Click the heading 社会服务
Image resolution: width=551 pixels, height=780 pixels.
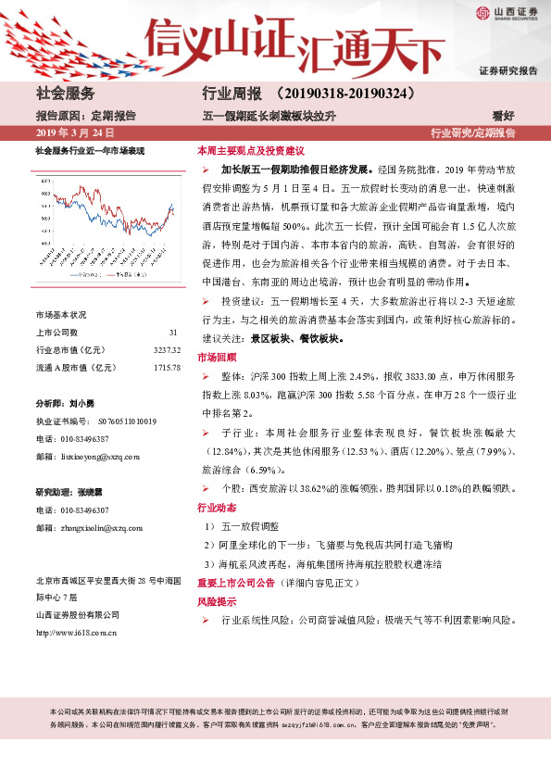[x=65, y=94]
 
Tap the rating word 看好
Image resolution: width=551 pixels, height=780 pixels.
[x=529, y=116]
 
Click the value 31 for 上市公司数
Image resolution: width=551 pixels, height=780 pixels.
[x=173, y=333]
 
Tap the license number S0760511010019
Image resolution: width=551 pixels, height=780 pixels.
[x=121, y=421]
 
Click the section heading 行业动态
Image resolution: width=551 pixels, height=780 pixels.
[x=218, y=508]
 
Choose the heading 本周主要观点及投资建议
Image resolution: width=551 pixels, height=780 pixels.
[x=251, y=150]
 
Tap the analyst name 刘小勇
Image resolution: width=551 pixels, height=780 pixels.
[x=81, y=404]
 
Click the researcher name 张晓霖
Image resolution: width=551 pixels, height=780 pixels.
[x=81, y=491]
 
